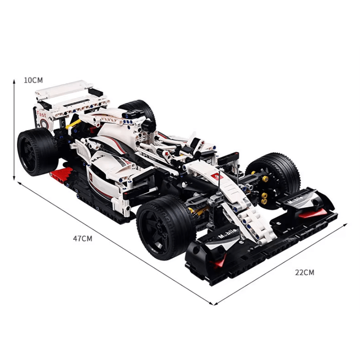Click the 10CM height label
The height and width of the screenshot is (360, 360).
point(33,80)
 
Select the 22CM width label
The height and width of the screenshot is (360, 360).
point(305,272)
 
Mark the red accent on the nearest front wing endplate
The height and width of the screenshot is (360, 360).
point(220,262)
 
